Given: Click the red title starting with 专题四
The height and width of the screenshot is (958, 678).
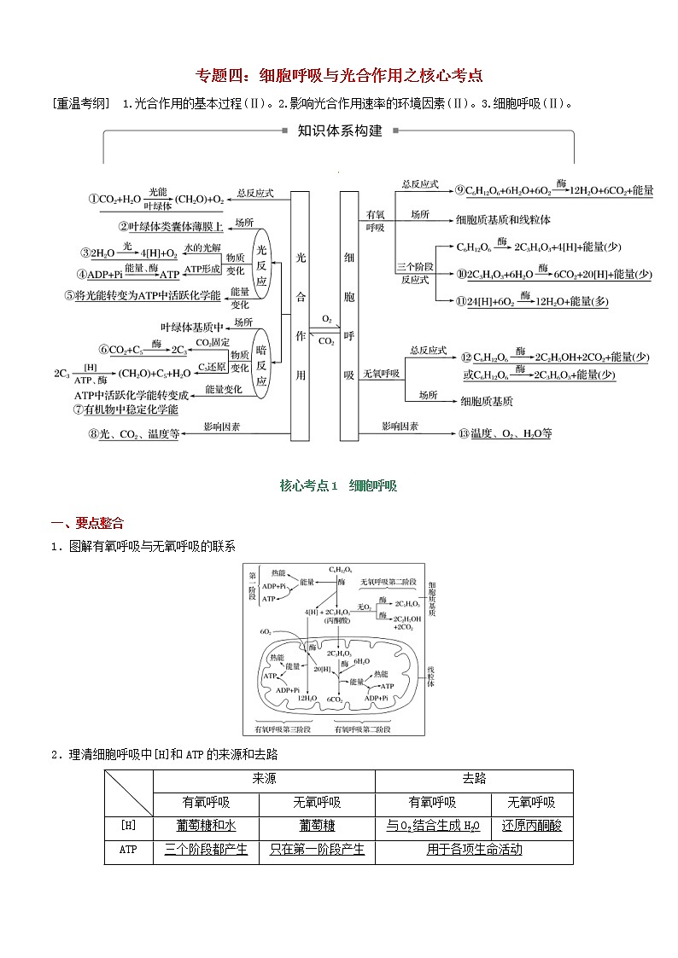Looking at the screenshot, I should tap(340, 75).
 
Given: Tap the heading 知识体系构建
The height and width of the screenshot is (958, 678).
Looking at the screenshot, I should tap(339, 131).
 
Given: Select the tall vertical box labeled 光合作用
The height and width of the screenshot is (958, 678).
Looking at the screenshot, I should tap(300, 315).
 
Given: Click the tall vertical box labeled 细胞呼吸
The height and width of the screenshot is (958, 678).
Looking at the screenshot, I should tap(348, 315).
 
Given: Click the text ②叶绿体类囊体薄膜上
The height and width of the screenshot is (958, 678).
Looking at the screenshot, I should tap(171, 226).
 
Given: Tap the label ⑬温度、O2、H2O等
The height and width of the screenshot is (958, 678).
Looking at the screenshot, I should tap(505, 433).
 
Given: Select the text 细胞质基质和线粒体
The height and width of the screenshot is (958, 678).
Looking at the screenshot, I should tap(503, 219).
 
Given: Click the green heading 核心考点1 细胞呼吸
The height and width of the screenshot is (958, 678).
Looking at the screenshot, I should tap(338, 485).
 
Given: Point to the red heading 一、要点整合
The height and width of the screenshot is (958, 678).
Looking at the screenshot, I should tap(87, 523).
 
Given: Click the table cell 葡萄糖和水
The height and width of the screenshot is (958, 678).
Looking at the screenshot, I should tap(206, 826).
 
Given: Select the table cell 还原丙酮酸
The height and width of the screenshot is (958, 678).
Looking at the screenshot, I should tap(531, 826).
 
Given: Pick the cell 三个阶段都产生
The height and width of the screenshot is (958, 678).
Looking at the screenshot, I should tap(206, 850).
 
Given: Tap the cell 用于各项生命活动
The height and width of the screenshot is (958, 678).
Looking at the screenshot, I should tap(474, 850).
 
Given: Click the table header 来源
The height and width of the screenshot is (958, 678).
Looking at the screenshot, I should tap(264, 779).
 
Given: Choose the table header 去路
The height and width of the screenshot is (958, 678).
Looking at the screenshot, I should tap(474, 779).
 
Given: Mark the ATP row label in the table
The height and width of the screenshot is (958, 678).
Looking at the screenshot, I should tap(128, 850).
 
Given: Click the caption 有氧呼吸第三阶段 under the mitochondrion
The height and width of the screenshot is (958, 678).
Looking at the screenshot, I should tap(283, 729).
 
